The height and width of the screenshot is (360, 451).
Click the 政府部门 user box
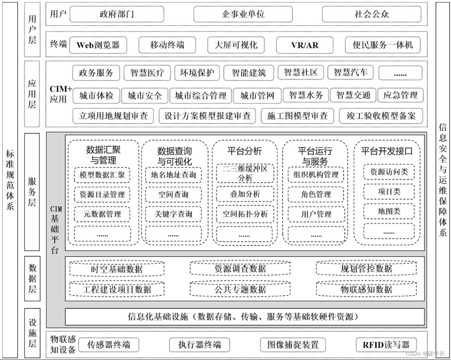(117, 14)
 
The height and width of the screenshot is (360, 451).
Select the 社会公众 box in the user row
(371, 14)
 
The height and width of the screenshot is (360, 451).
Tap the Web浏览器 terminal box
(98, 45)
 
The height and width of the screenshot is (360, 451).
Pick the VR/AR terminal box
(305, 45)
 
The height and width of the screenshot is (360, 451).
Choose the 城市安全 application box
(144, 96)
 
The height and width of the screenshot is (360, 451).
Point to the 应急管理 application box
(400, 96)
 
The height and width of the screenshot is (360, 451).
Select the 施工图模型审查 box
(297, 116)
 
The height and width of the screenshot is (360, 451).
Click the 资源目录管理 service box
(102, 195)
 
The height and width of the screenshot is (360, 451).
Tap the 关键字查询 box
(173, 214)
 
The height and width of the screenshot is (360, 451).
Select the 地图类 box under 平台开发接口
(388, 212)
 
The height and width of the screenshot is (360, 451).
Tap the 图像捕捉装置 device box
(293, 345)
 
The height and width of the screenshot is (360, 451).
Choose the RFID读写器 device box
(386, 345)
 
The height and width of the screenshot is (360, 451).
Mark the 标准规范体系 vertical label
(9, 180)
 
